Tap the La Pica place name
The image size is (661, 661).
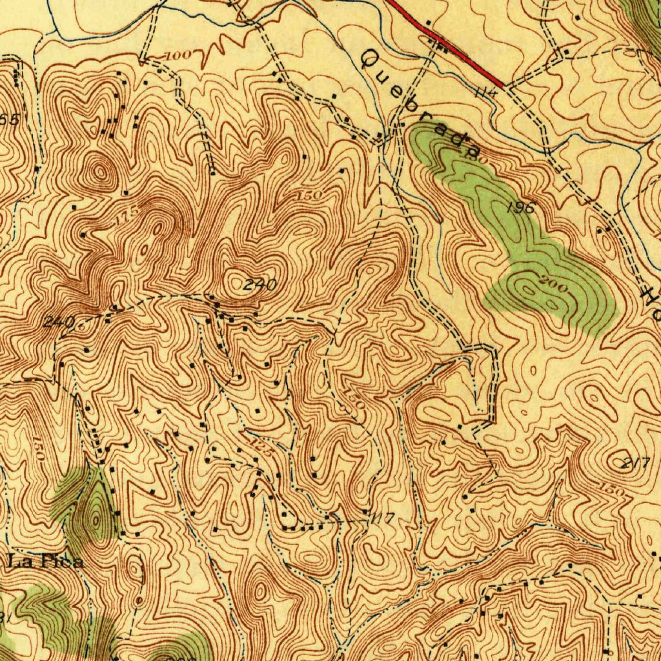pyautogui.click(x=46, y=562)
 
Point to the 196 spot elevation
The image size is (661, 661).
pyautogui.click(x=522, y=208)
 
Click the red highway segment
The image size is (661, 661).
pyautogui.click(x=452, y=45)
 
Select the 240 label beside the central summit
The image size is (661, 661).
pyautogui.click(x=261, y=285)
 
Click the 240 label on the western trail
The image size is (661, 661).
pyautogui.click(x=59, y=321)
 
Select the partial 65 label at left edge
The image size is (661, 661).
pyautogui.click(x=9, y=119)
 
